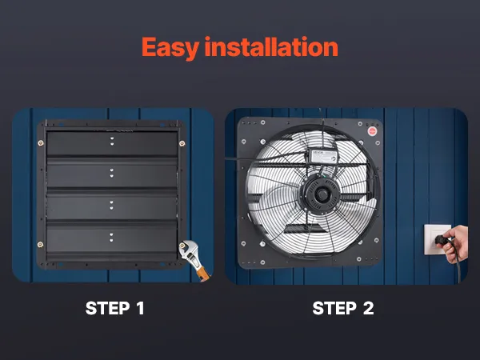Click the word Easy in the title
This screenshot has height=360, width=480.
coord(170,48)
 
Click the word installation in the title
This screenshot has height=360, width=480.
coord(271,46)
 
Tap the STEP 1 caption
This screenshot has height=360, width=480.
coord(114,308)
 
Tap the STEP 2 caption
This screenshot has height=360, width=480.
coord(343,308)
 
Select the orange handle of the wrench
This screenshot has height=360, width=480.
coord(203,273)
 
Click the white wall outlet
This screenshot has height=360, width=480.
coord(436,240)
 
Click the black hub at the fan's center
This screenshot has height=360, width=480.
coord(321,194)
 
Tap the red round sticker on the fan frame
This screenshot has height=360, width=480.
coord(372,131)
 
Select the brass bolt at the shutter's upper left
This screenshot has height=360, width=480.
coord(41,143)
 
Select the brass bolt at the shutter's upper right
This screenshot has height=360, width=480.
coord(182,143)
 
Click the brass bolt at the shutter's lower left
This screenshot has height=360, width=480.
coord(40,244)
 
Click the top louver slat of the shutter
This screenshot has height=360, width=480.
coord(112,144)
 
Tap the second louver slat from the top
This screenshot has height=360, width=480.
coord(112,174)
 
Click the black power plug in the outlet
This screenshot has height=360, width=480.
coord(441,240)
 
